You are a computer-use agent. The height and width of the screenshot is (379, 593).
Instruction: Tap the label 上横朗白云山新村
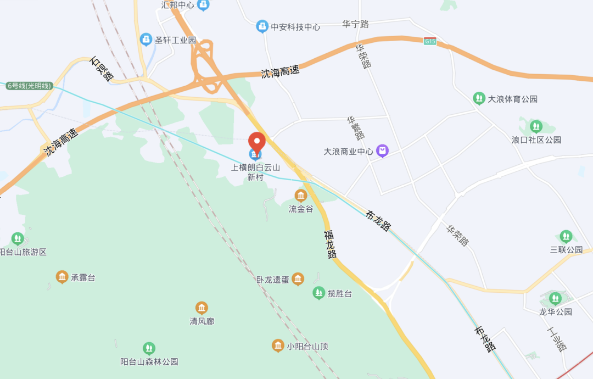[255, 172]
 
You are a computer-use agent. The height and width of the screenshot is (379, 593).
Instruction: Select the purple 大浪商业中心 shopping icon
[383, 151]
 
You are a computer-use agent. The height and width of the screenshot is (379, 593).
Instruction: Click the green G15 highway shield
[430, 41]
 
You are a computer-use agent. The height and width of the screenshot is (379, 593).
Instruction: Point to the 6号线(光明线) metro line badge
[29, 86]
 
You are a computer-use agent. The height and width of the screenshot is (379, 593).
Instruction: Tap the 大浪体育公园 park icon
[479, 98]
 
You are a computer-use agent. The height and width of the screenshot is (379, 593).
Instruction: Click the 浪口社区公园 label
[536, 140]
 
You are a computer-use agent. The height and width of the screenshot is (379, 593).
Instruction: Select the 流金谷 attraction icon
[301, 196]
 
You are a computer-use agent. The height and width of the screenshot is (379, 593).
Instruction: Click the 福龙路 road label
[330, 244]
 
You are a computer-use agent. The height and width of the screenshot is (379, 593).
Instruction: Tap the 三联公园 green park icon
[566, 237]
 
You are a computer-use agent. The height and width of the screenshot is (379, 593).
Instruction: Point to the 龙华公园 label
[555, 312]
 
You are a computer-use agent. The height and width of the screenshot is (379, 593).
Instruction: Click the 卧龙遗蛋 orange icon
[298, 279]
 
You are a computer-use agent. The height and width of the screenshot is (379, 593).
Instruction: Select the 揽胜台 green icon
[319, 293]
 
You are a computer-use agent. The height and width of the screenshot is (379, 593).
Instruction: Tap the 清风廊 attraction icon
[202, 308]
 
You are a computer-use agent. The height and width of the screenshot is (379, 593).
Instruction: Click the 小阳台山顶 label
[307, 346]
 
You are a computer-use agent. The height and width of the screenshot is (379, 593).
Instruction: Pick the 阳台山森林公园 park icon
[149, 348]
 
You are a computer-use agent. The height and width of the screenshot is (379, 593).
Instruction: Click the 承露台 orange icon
[62, 277]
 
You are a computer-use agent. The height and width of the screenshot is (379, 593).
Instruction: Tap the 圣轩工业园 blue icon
[146, 40]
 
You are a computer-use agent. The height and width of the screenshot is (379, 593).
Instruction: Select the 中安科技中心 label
[295, 27]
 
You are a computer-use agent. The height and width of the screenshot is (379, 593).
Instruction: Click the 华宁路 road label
[355, 24]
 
